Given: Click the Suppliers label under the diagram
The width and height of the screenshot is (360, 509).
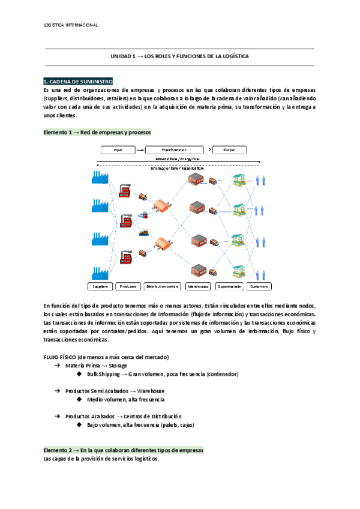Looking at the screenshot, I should pos(100,286).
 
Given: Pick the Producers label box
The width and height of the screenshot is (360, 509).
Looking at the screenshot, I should pos(128,286).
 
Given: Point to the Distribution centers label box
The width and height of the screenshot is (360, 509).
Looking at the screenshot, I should pos(163,286).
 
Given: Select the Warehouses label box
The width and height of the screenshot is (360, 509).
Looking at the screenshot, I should pos(198,286).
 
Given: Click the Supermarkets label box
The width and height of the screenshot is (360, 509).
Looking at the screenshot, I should pos(229,286).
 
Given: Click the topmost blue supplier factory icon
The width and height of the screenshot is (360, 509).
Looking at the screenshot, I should pos(98,178).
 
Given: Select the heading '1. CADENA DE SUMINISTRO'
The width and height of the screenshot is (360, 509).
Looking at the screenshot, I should pos(78,81).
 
